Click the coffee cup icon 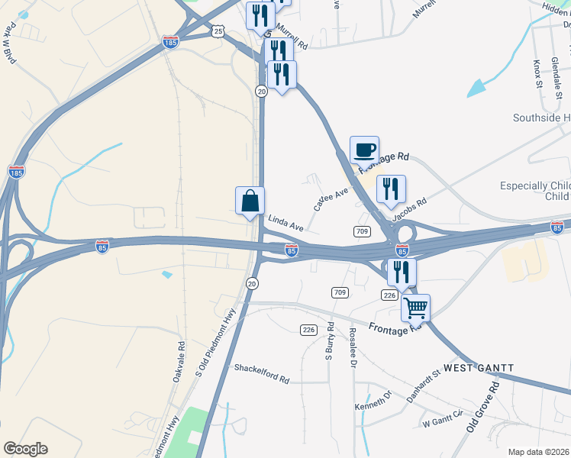click(x=364, y=149)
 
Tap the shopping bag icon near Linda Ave click(x=250, y=201)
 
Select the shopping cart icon click(x=415, y=308)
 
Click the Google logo click(x=25, y=449)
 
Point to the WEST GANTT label click(x=479, y=369)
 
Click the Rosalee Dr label click(x=353, y=347)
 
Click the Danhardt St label click(x=424, y=387)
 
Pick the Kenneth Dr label click(x=373, y=402)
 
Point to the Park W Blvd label click(x=10, y=47)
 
